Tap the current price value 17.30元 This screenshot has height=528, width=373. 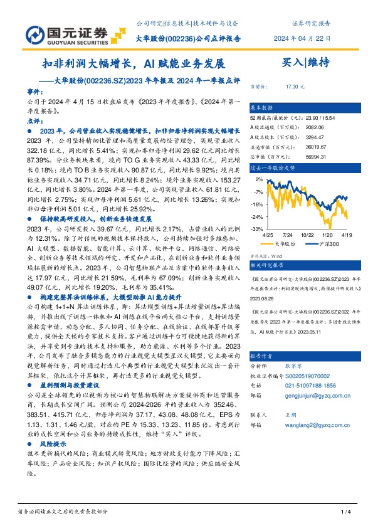point(294,86)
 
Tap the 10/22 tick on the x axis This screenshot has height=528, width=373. point(307,234)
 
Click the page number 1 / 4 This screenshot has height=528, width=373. point(344,513)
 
